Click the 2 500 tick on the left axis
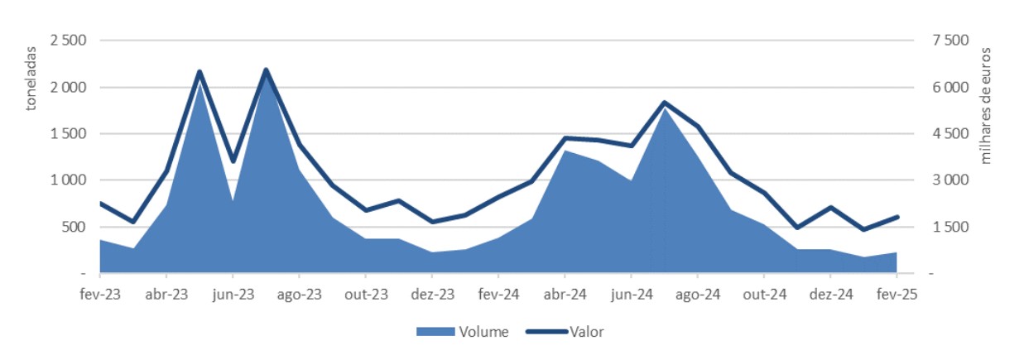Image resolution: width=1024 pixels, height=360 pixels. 70,41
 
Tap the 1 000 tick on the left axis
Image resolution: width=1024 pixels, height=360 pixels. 70,180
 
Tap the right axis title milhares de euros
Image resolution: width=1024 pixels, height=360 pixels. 986,106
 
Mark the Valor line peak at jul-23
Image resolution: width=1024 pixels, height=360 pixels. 266,70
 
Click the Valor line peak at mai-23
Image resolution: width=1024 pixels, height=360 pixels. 200,72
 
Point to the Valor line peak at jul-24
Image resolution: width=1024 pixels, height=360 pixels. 665,103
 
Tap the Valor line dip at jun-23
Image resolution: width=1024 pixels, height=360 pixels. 233,161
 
